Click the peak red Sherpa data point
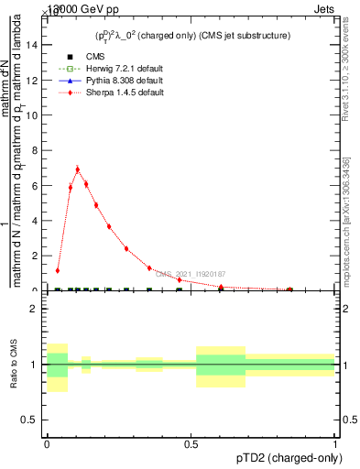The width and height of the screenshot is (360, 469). [78, 169]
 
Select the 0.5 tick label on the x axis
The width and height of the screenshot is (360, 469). [191, 444]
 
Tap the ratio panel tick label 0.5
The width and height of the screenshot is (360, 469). [31, 420]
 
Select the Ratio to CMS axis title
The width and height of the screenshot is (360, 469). [14, 365]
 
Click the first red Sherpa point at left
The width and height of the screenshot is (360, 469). [58, 271]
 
